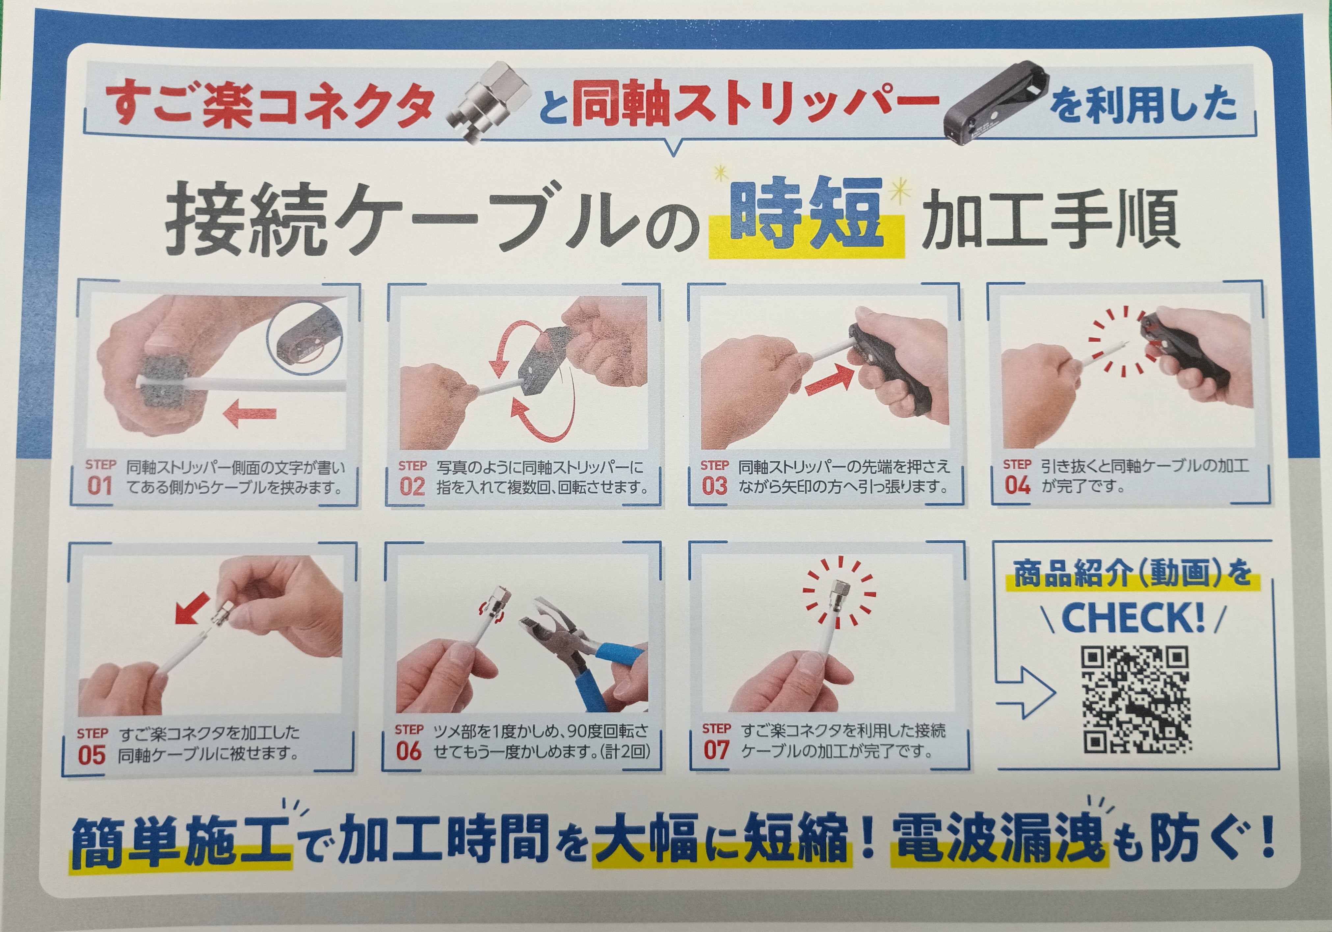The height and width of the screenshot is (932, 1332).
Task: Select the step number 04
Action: (1018, 485)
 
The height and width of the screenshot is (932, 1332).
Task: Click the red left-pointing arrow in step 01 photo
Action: (250, 414)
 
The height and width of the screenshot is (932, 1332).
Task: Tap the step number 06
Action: (409, 751)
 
